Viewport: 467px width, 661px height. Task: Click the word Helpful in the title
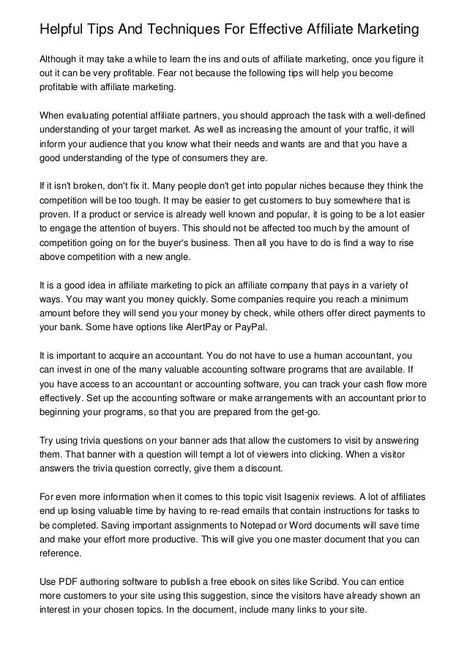61,30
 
